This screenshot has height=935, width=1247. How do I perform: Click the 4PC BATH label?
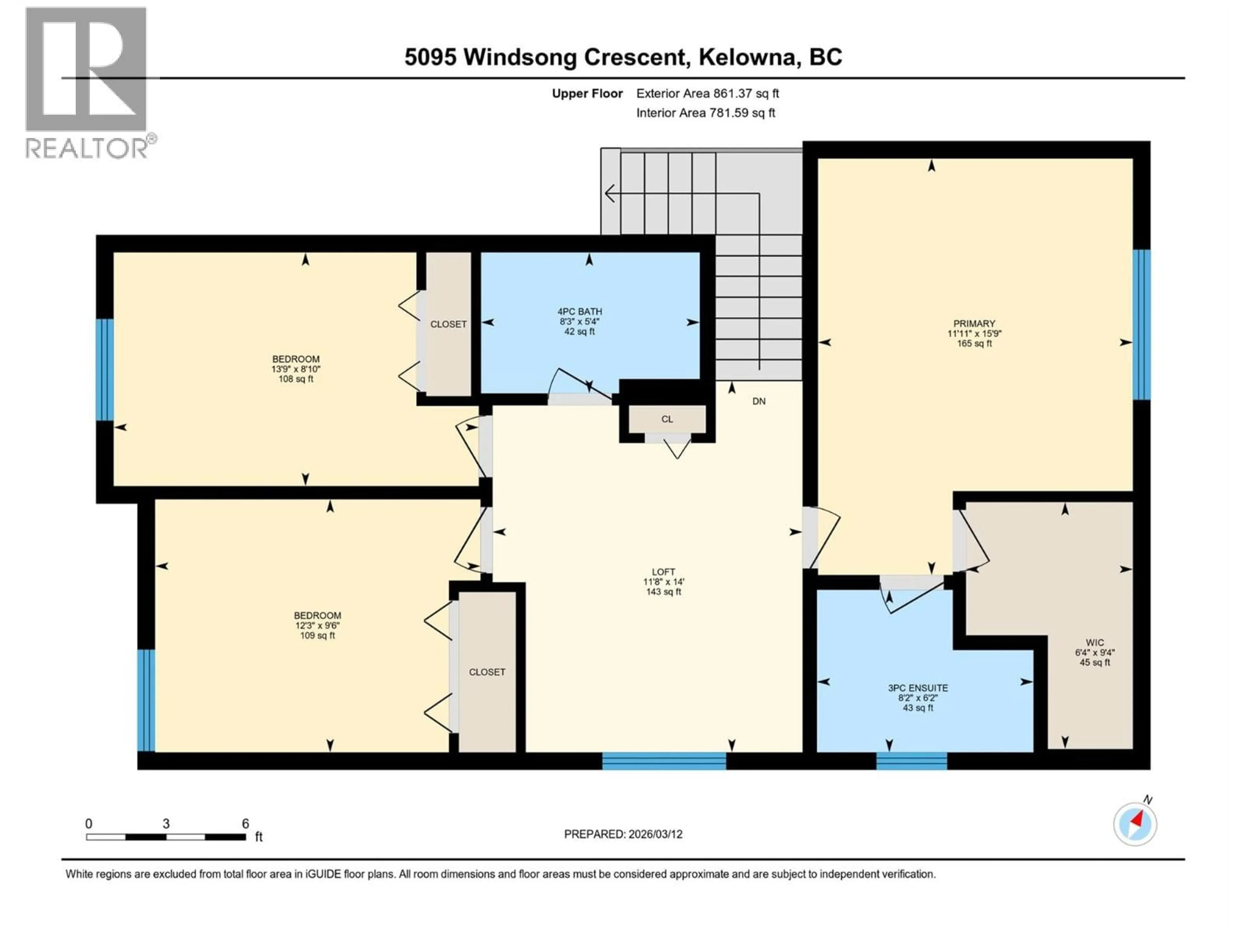point(580,311)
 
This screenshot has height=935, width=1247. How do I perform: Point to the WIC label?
point(1094,642)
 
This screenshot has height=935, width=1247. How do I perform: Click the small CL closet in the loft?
point(667,419)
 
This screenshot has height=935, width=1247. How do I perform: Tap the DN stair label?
point(759,401)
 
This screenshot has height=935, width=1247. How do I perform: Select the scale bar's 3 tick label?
point(166,823)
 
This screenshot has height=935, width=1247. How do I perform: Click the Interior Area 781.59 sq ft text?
point(705,113)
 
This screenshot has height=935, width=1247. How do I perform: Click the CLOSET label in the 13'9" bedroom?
point(448,324)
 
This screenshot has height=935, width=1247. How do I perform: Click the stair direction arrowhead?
point(610,193)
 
